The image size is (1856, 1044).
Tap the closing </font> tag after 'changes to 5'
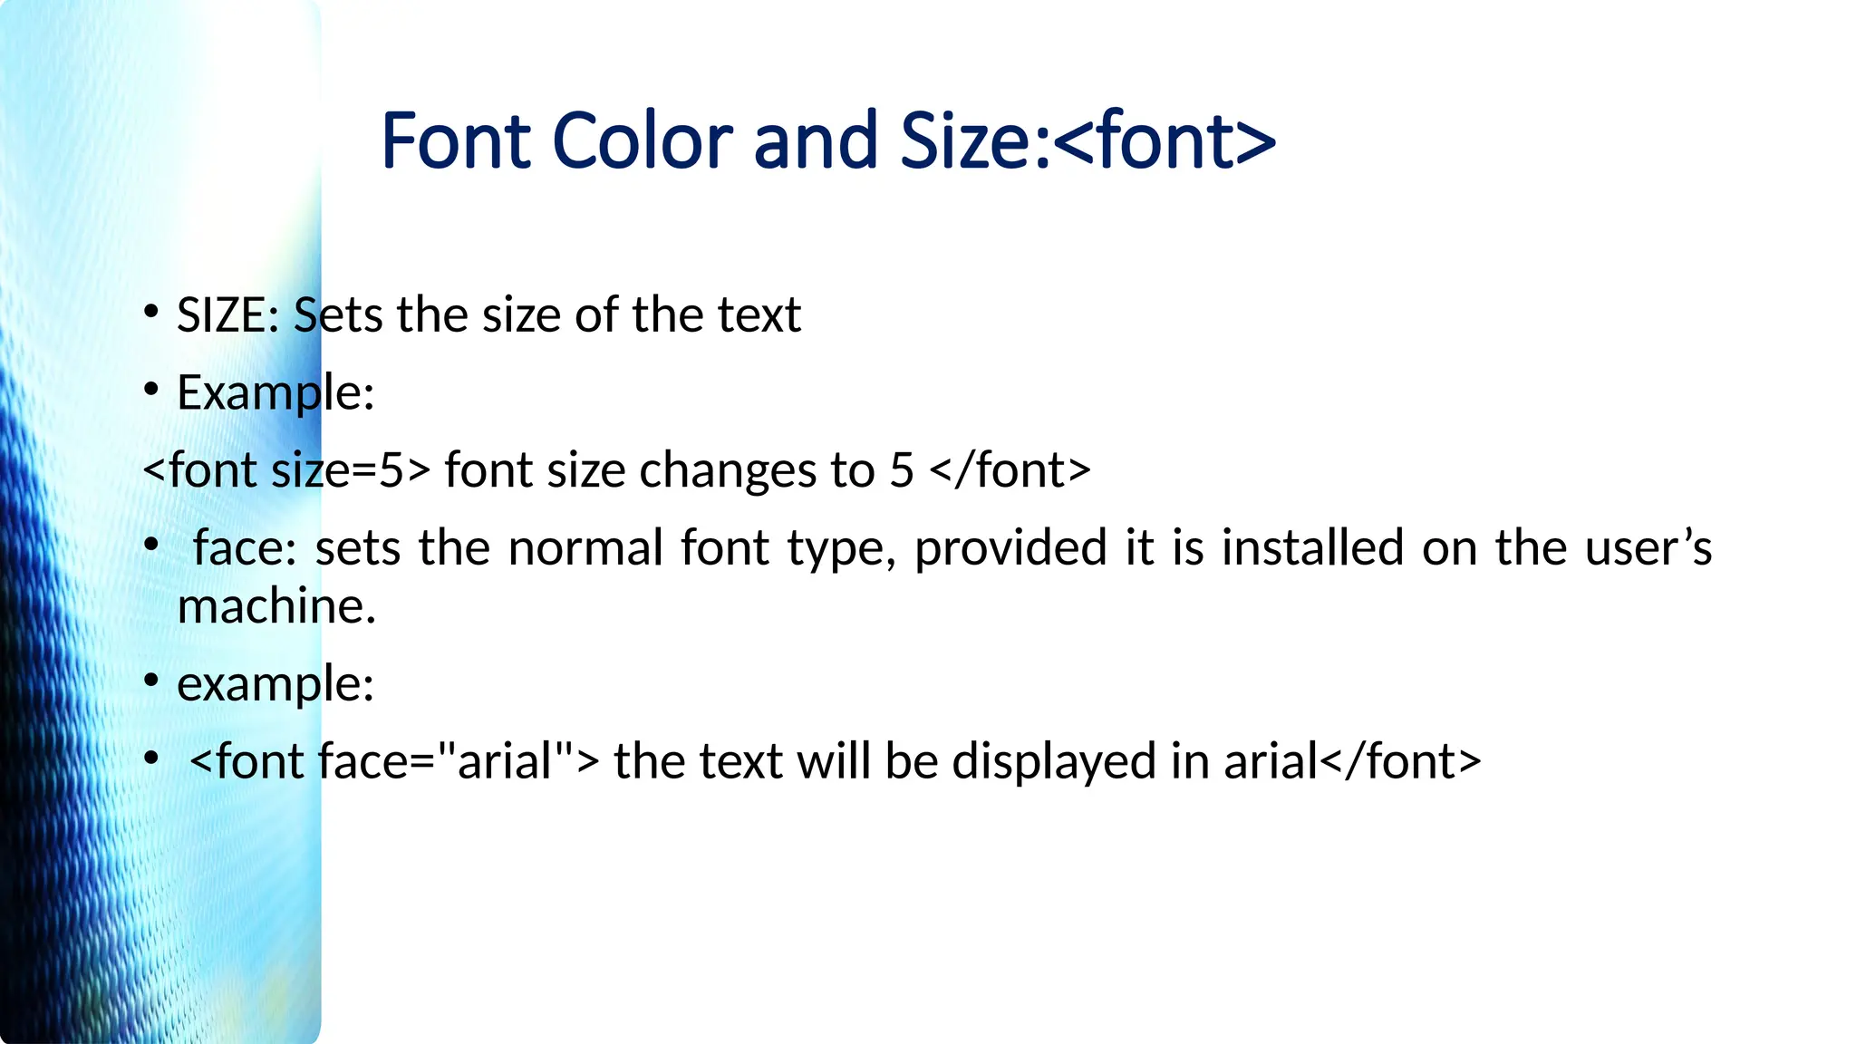tap(1010, 470)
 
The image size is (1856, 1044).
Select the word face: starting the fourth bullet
tap(245, 547)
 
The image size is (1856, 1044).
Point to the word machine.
tap(276, 606)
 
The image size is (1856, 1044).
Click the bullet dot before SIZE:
tap(151, 313)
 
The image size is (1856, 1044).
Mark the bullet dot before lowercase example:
tap(151, 681)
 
